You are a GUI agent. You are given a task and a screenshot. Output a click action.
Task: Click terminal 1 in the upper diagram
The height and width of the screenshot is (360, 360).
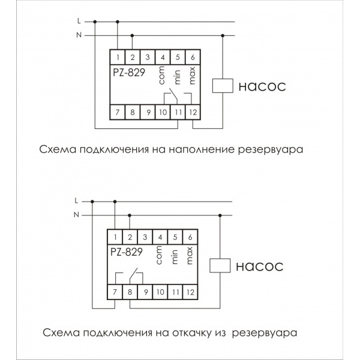[118, 57]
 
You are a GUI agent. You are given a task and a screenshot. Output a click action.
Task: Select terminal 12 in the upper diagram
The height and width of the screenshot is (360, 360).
[193, 111]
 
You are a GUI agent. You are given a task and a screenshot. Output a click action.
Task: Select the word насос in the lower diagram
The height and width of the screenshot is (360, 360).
[260, 265]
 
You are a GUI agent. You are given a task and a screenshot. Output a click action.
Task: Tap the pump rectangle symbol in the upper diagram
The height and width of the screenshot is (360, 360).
[223, 85]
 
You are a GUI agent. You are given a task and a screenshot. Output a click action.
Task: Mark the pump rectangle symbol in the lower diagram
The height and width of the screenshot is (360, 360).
[220, 265]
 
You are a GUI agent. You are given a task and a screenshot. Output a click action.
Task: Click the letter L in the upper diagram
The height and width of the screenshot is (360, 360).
[79, 21]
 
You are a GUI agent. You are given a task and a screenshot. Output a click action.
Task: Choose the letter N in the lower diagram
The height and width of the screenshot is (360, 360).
[76, 214]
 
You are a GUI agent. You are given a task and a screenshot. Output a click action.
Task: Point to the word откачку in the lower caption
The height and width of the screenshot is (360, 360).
[186, 331]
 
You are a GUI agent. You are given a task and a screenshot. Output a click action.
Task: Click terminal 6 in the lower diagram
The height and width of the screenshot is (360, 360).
[190, 236]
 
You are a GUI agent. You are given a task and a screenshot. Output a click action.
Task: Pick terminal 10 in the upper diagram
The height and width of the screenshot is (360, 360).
[163, 111]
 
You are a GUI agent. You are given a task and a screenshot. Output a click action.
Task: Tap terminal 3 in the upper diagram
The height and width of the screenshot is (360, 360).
[148, 57]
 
